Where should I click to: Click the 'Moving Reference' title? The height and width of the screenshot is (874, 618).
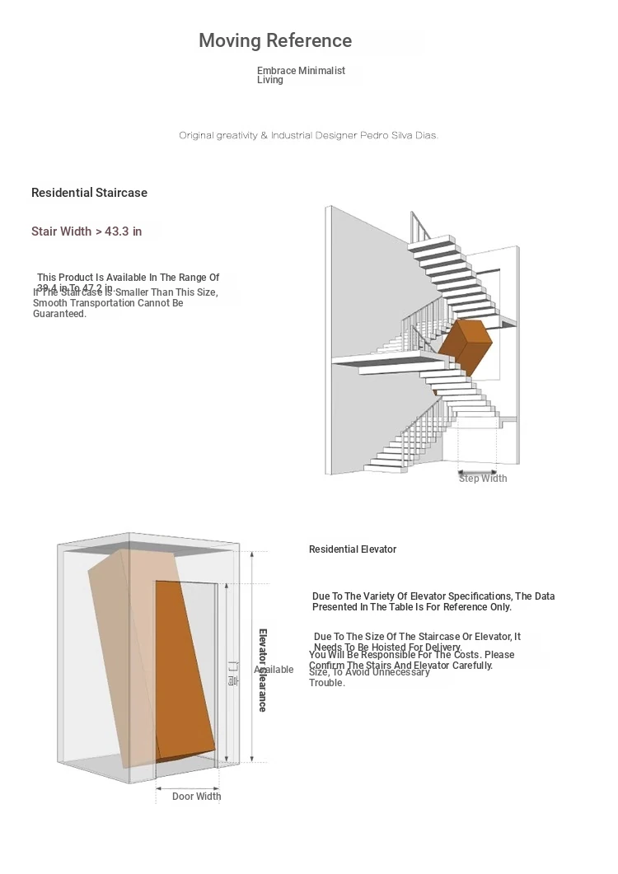[x=275, y=40]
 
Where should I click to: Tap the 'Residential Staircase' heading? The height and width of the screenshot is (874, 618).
[x=89, y=193]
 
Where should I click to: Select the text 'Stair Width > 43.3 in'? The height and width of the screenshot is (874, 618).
[x=87, y=231]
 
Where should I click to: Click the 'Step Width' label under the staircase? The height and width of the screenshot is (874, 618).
[x=483, y=479]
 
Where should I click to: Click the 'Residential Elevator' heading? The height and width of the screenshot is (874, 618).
[x=353, y=549]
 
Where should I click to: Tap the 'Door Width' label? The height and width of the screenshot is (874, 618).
[x=196, y=797]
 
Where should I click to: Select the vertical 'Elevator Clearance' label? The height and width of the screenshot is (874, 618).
[x=263, y=670]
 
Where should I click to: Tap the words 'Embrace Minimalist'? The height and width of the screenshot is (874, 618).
[x=301, y=71]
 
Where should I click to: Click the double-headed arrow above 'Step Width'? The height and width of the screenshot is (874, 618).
[x=478, y=473]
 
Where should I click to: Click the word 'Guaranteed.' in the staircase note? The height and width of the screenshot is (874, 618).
[x=59, y=314]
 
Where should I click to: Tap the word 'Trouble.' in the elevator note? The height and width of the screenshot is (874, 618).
[x=327, y=683]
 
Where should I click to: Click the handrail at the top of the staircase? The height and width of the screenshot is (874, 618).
[x=419, y=225]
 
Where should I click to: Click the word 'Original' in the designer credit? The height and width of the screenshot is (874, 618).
[x=197, y=135]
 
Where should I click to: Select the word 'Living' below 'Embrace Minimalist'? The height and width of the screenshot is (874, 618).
[x=269, y=80]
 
